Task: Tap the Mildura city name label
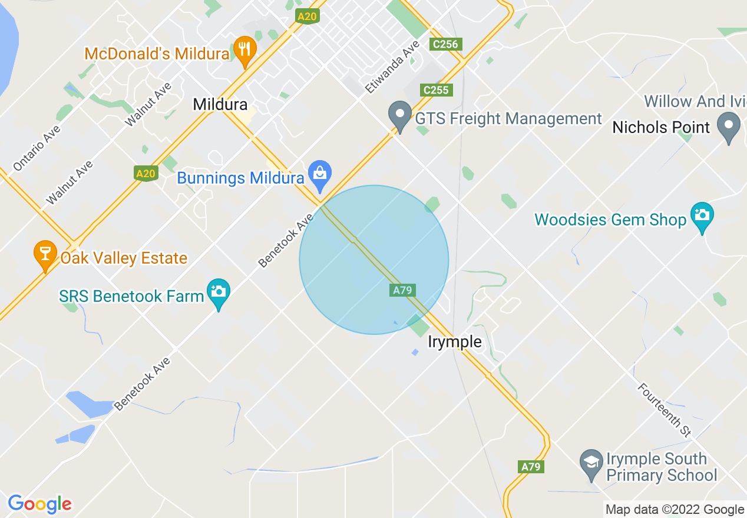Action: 220,105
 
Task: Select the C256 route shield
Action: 444,44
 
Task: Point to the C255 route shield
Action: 436,90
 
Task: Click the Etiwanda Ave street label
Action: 392,67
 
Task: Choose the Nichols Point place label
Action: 661,127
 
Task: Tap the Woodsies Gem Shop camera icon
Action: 702,216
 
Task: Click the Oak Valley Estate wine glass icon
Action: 45,254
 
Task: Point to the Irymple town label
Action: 454,342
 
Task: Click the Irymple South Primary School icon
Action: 591,463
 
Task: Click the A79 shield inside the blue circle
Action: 402,290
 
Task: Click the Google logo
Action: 39,504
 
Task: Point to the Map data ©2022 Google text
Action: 675,510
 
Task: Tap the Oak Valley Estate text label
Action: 124,258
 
